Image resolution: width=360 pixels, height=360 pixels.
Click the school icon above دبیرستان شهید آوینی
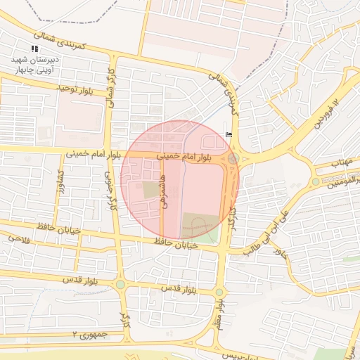tap(34, 49)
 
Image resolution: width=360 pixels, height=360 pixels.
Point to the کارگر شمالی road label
tap(110, 84)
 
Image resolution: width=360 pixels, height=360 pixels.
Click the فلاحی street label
tap(20, 238)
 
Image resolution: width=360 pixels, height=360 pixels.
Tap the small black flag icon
tap(227, 133)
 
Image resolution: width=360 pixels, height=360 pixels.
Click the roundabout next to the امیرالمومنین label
tap(316, 181)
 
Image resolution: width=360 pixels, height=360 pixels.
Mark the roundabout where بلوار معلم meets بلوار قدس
tap(219, 292)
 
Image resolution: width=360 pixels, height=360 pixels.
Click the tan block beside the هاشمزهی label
tap(151, 189)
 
